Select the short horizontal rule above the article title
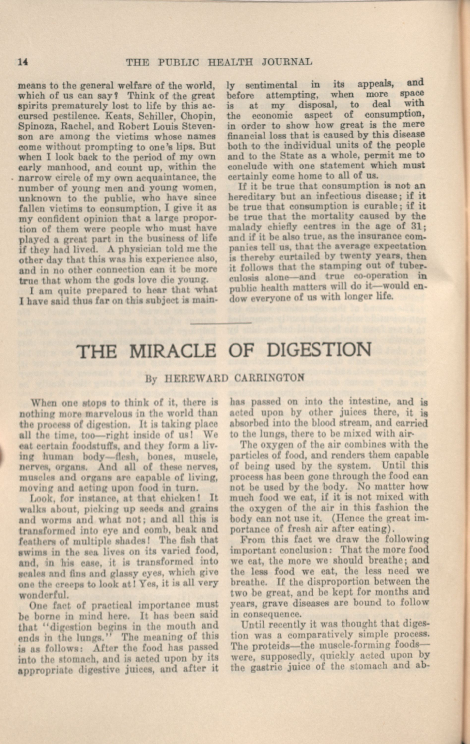[221, 323]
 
